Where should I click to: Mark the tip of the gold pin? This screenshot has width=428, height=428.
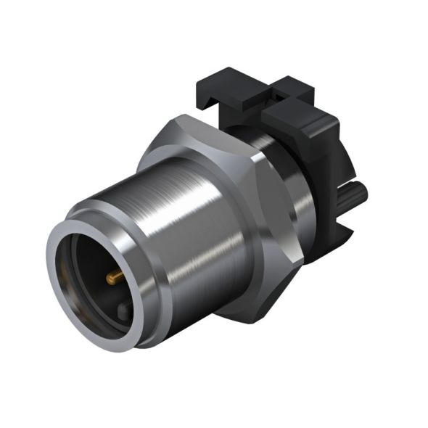coord(108,278)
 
